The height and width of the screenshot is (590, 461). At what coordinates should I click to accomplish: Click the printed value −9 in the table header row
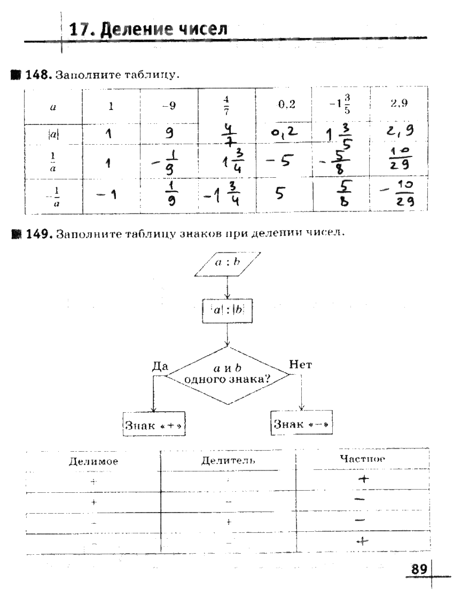tap(168, 106)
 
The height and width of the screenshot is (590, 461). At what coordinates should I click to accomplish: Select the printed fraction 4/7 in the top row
tap(226, 105)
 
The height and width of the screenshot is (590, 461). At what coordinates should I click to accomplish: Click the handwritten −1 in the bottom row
tap(108, 195)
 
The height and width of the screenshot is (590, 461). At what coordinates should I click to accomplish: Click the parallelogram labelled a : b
tap(228, 264)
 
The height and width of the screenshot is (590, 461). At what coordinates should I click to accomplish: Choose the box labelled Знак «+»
tap(150, 425)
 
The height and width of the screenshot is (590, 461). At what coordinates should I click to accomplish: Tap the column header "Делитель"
tap(228, 460)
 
